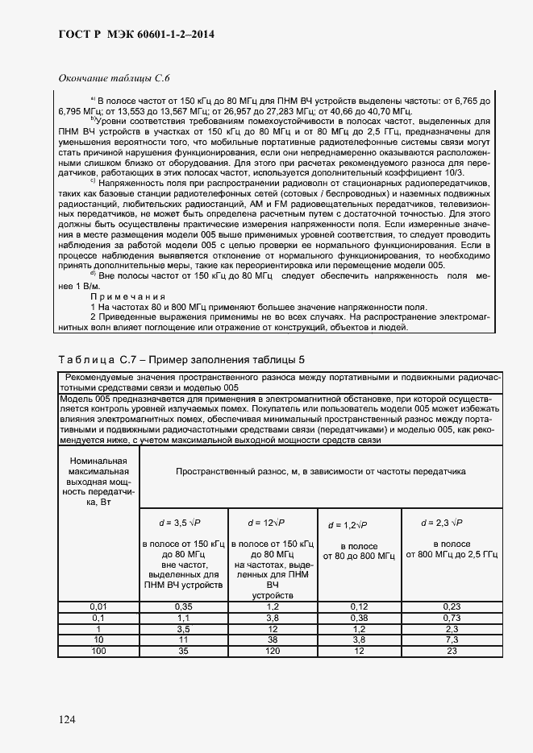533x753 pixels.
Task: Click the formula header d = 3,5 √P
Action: pos(184,523)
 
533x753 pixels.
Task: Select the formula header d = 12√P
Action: pos(273,523)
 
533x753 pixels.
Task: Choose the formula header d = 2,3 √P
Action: pos(443,523)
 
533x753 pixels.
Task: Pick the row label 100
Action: pos(98,650)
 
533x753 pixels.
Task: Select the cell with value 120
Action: pos(273,650)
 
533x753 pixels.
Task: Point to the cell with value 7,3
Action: pos(452,639)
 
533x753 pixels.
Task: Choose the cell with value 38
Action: pos(273,639)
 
